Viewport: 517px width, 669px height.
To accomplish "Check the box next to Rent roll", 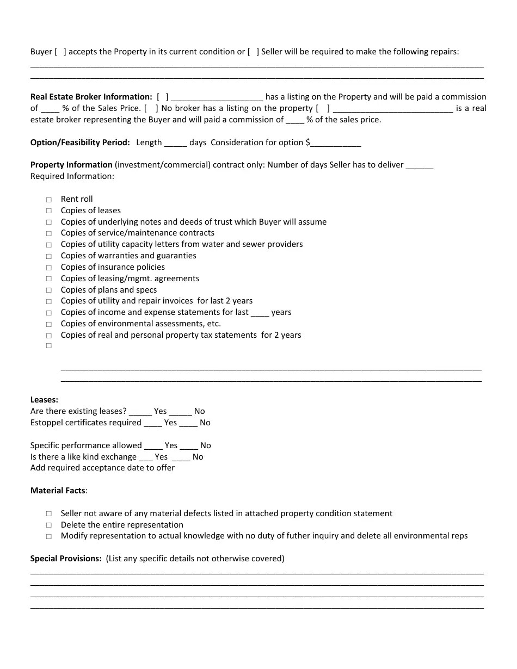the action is click(x=49, y=200).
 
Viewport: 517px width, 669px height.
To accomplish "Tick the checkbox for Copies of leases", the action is click(x=49, y=211).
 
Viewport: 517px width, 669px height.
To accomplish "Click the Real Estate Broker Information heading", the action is click(x=91, y=97).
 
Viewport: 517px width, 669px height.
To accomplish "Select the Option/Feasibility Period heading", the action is click(x=80, y=143).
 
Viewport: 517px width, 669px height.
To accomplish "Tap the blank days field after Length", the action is click(x=175, y=143).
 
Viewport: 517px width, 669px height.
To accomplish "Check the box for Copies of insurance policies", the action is click(x=49, y=268).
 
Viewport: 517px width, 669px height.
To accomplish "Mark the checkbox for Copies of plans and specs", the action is click(x=49, y=290).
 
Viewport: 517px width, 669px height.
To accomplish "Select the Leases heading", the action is click(x=44, y=400).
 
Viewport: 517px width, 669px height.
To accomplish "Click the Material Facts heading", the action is click(x=58, y=491).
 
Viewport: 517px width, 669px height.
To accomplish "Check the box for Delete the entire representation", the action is click(x=49, y=525).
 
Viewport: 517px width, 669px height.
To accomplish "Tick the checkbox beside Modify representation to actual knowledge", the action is click(x=49, y=536).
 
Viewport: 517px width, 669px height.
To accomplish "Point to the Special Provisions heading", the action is click(x=66, y=559).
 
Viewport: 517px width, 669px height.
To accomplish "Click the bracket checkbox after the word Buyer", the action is click(x=60, y=52).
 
